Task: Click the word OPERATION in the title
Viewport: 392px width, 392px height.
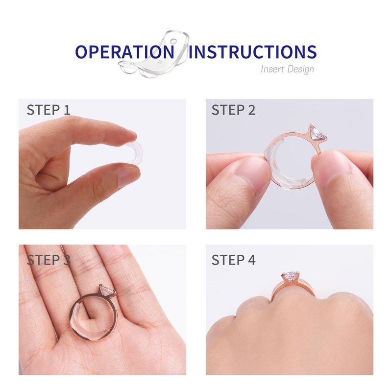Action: click(x=125, y=52)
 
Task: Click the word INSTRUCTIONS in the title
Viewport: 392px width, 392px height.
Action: click(x=252, y=52)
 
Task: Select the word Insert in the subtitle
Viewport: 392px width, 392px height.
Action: click(x=272, y=69)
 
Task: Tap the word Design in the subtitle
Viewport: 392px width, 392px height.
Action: click(x=300, y=69)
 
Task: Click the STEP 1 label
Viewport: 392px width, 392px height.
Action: click(x=49, y=110)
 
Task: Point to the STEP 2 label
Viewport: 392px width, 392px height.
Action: click(x=234, y=110)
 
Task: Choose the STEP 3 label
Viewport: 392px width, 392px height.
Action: click(x=49, y=260)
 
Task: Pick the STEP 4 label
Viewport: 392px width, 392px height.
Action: click(x=234, y=260)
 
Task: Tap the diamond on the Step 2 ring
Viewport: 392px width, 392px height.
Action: click(x=317, y=133)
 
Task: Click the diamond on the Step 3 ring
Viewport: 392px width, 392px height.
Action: click(x=107, y=290)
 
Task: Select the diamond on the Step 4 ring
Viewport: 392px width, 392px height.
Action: click(x=290, y=276)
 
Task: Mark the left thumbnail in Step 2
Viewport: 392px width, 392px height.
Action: click(x=252, y=175)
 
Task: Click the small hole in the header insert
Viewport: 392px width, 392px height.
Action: click(x=174, y=41)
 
